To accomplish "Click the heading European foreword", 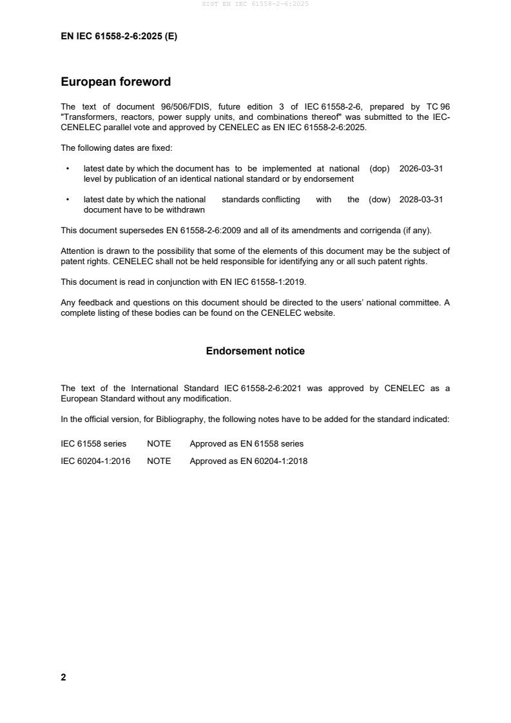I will [115, 82].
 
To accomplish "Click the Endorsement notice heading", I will [255, 351].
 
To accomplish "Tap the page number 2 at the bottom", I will [63, 677].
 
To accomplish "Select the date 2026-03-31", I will [421, 168].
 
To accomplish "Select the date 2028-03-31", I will [421, 200].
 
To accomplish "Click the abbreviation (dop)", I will [380, 168].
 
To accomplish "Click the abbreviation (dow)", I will [380, 200].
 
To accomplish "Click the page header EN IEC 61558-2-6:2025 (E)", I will [119, 37].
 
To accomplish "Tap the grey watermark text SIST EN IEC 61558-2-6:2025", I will [255, 5].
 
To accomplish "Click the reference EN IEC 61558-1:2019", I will [258, 282].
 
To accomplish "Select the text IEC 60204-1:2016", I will [95, 461].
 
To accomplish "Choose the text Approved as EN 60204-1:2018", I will [248, 461].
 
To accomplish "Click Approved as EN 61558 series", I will [246, 444].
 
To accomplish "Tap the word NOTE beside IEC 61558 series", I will [159, 444].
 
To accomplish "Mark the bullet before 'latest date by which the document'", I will [68, 168].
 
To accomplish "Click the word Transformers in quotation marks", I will [86, 117].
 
